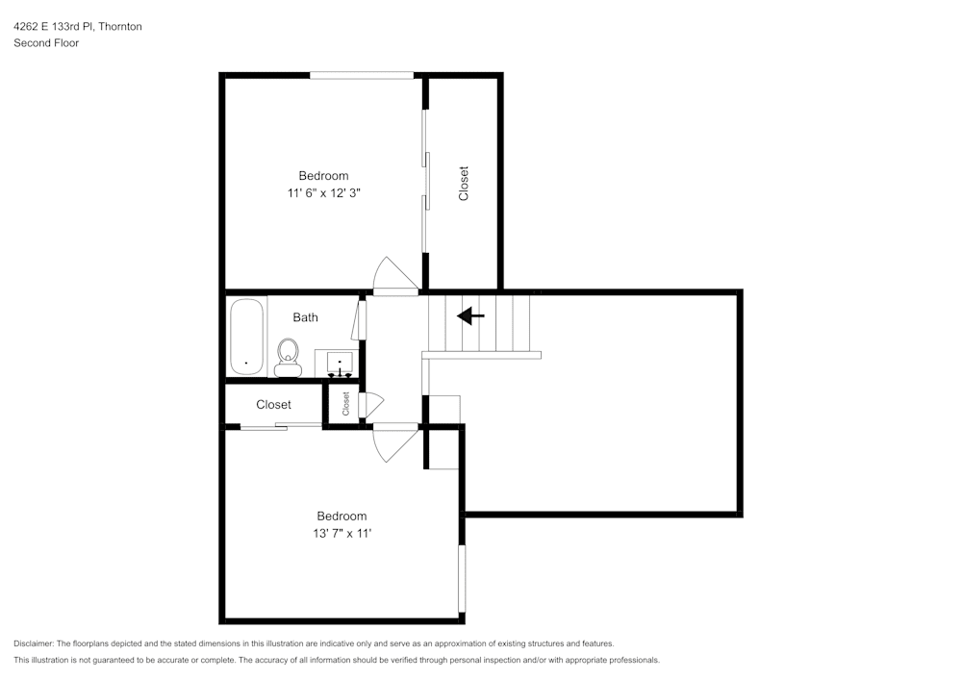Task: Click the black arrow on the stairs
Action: [470, 315]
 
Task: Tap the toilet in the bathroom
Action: [288, 357]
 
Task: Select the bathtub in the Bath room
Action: [246, 337]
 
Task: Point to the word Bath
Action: [305, 317]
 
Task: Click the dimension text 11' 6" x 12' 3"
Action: [323, 193]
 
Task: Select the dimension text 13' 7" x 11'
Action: [342, 534]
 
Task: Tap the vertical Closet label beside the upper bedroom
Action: [464, 184]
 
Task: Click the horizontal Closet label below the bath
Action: [273, 405]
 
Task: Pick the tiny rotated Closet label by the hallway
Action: [345, 403]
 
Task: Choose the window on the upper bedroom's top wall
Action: [362, 75]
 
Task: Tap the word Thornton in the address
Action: [119, 27]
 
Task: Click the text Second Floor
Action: [45, 43]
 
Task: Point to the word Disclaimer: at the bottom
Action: [34, 643]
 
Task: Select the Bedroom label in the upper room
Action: [323, 175]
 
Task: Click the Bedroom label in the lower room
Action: [342, 516]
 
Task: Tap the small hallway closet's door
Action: [370, 405]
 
